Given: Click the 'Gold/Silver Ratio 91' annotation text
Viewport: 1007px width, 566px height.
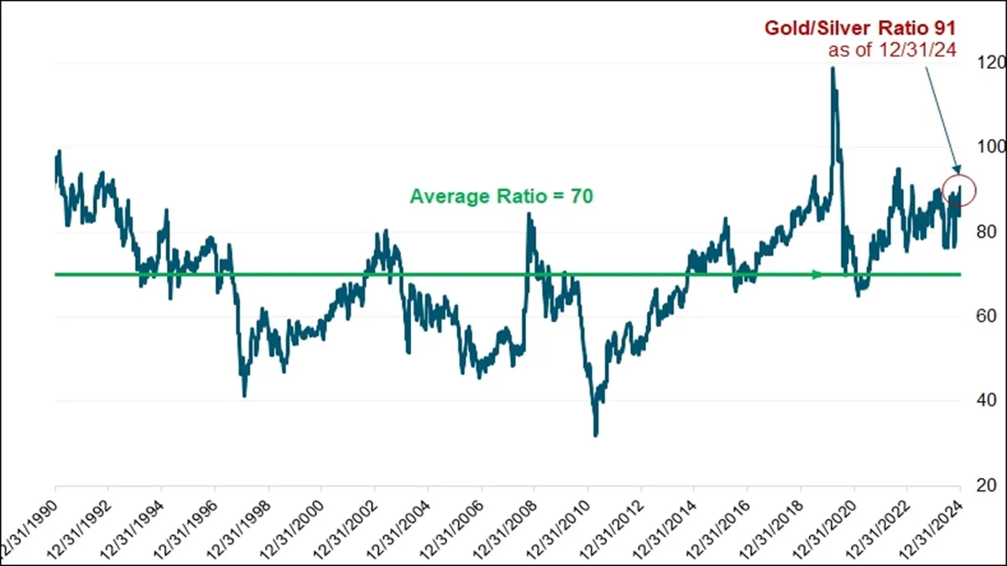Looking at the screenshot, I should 860,28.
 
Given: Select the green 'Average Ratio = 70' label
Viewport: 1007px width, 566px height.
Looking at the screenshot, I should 502,197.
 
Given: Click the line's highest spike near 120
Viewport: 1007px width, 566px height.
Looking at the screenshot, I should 832,69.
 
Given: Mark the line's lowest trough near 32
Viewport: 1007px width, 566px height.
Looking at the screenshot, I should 596,434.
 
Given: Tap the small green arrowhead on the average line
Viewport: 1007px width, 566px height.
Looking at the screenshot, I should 817,274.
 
